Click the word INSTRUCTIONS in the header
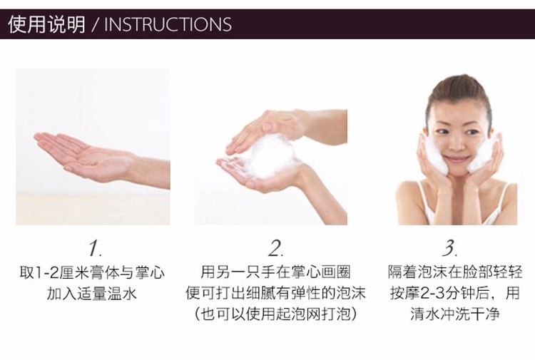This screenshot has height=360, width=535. (x=168, y=24)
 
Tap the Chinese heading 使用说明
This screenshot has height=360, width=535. (x=47, y=24)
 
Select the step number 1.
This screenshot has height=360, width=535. (x=94, y=248)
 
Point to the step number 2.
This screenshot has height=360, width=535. (x=275, y=248)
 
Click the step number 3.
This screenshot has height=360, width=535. (x=449, y=248)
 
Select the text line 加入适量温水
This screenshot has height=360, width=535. (x=91, y=294)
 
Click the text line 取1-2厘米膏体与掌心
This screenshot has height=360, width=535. (x=92, y=273)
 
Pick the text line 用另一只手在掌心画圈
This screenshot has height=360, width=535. (x=275, y=272)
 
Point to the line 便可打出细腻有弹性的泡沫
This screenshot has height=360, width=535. (x=275, y=293)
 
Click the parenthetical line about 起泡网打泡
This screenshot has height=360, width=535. (x=275, y=314)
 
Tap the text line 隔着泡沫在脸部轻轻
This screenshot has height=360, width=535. (x=455, y=272)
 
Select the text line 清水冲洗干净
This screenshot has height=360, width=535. (x=455, y=314)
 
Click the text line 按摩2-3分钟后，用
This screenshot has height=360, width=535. (x=455, y=293)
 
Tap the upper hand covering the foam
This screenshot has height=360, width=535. (x=273, y=128)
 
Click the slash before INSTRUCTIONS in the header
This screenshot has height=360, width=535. (x=95, y=25)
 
